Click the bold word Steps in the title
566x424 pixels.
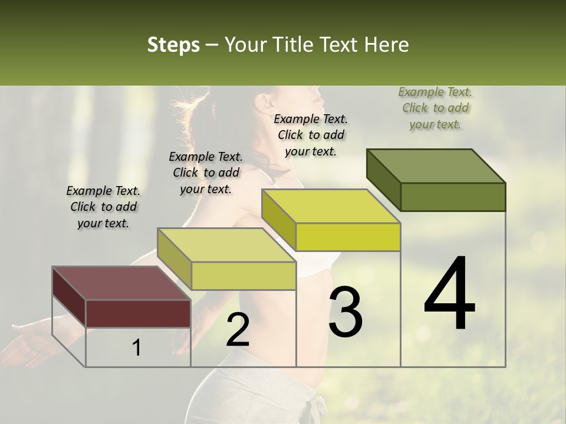pos(173,45)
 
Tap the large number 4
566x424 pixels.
pos(449,294)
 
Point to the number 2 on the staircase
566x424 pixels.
pos(238,330)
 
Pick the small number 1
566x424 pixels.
pos(136,348)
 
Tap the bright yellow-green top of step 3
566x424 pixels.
pos(331,206)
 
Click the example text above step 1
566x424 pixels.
pos(103,207)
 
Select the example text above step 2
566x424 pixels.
pos(206,173)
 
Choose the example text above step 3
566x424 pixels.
pos(311,135)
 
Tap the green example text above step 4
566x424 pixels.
pos(435,108)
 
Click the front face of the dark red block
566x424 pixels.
pos(138,313)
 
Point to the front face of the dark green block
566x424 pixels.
pos(453,197)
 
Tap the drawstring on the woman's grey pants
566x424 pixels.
pos(318,409)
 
